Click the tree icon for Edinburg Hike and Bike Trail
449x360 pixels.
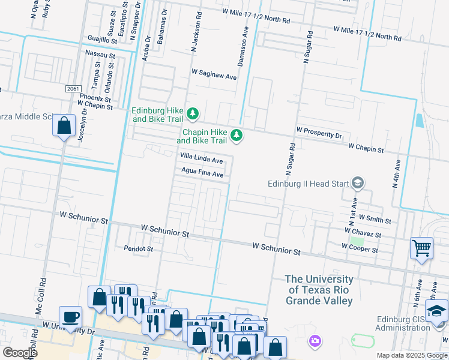pyautogui.click(x=193, y=113)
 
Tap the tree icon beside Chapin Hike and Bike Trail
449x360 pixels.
pyautogui.click(x=237, y=136)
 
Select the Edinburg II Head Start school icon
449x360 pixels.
pyautogui.click(x=358, y=182)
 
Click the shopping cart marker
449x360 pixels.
pyautogui.click(x=421, y=247)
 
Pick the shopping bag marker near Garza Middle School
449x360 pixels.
pyautogui.click(x=64, y=126)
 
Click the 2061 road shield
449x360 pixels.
pyautogui.click(x=72, y=89)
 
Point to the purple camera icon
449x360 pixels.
pyautogui.click(x=314, y=342)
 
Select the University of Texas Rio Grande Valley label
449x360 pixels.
pyautogui.click(x=319, y=290)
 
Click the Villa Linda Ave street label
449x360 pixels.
pyautogui.click(x=202, y=160)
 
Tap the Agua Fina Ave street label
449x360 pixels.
pyautogui.click(x=202, y=174)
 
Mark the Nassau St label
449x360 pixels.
pyautogui.click(x=100, y=55)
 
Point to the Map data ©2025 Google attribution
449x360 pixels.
pyautogui.click(x=411, y=355)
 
